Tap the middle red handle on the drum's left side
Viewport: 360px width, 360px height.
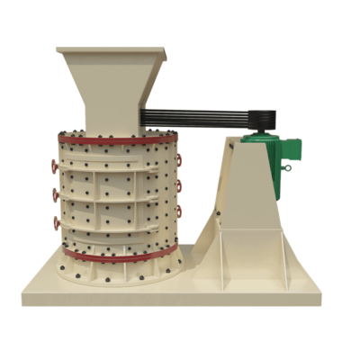pos(56,193)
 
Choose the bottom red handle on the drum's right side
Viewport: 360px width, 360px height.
pos(178,211)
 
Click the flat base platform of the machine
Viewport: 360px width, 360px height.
pos(180,290)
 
